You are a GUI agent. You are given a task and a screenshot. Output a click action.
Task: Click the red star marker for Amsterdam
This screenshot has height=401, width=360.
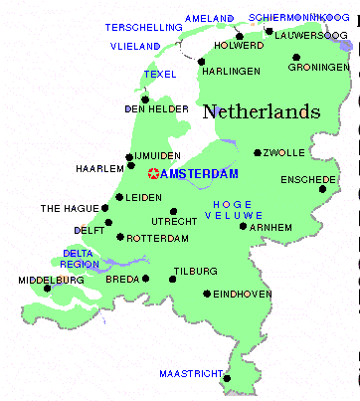(153, 174)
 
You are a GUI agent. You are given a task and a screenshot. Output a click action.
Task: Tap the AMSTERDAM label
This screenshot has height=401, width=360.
(200, 174)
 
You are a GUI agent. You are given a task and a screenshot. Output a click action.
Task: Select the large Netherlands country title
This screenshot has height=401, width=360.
(262, 112)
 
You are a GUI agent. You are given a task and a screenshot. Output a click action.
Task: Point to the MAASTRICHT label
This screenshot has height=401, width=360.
(190, 374)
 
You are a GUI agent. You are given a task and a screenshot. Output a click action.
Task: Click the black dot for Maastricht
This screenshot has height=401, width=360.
(228, 378)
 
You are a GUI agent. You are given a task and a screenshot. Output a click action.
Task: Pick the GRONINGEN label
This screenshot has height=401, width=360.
(315, 68)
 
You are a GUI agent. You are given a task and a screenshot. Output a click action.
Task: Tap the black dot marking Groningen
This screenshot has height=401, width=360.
(295, 57)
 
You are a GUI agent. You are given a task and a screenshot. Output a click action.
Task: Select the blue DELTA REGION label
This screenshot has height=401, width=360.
(81, 259)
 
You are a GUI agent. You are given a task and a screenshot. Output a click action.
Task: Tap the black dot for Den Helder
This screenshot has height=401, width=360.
(145, 99)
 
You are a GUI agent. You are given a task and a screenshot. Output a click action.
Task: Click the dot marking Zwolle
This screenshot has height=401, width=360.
(258, 153)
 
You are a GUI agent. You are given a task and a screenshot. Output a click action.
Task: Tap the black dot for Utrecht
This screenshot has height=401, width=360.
(173, 211)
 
